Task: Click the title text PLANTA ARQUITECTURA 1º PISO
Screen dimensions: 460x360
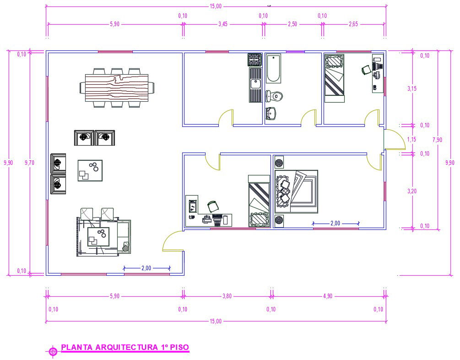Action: (x=125, y=347)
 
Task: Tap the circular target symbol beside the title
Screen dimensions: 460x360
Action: (x=53, y=351)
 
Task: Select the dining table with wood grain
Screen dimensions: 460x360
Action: (x=117, y=88)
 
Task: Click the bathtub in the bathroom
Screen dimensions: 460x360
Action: (x=273, y=68)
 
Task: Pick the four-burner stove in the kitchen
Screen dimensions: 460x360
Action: (x=255, y=60)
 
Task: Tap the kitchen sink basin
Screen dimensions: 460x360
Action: (x=255, y=83)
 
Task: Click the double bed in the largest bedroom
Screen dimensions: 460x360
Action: (x=297, y=191)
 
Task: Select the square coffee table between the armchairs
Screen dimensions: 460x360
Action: (x=90, y=170)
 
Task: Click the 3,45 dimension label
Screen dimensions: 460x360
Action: (x=222, y=24)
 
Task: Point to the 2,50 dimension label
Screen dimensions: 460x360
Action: (x=292, y=24)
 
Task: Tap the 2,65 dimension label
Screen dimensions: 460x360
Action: (x=353, y=24)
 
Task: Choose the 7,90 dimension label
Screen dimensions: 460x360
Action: (x=437, y=140)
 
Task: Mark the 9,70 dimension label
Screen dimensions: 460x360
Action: (x=30, y=163)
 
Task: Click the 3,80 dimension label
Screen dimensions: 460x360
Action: (x=227, y=296)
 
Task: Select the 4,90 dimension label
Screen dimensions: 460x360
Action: (x=328, y=296)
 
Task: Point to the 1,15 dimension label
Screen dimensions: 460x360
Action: (x=411, y=139)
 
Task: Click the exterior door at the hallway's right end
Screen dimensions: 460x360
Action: (x=395, y=140)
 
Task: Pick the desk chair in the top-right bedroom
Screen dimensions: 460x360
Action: (x=366, y=70)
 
